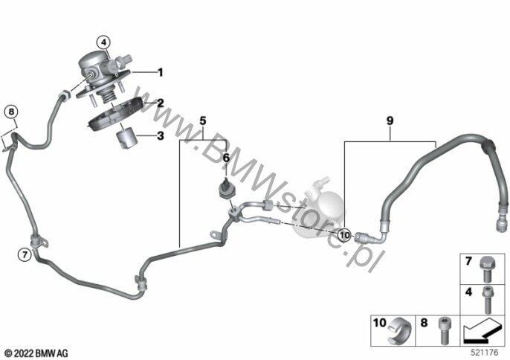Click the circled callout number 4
tap(103, 42)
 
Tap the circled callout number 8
tap(11, 112)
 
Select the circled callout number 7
tap(25, 254)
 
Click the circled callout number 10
tap(345, 235)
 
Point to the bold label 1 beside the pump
tap(160, 72)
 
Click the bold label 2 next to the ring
tap(160, 103)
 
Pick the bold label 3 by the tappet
tap(161, 135)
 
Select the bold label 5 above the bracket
tap(203, 121)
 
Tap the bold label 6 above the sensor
tap(226, 158)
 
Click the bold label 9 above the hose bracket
tap(390, 120)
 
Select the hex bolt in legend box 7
tap(486, 269)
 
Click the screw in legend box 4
tap(486, 300)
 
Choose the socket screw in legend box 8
tap(443, 330)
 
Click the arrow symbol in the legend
tap(482, 330)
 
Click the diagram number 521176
tap(485, 353)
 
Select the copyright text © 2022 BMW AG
tap(36, 353)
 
